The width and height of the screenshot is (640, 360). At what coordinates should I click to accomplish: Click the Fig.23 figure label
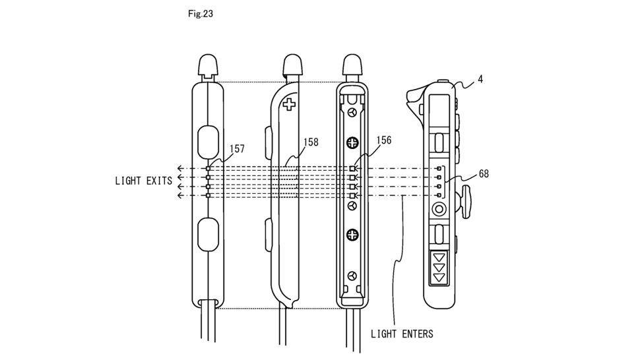click(201, 13)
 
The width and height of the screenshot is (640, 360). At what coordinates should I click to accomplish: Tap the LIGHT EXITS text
click(144, 181)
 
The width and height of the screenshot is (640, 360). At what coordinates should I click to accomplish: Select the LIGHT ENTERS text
click(402, 334)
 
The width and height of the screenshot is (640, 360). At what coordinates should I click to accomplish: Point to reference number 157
click(237, 148)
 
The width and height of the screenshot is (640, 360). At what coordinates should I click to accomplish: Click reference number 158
click(311, 142)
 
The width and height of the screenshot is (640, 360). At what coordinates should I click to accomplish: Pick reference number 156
click(384, 140)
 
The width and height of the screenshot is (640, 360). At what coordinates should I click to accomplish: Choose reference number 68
click(484, 173)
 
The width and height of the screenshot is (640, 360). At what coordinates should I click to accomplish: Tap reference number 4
click(480, 79)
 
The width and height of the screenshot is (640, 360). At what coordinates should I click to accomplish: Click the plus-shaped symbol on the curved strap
click(290, 104)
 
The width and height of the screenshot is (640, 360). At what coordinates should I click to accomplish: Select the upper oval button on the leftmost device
click(208, 142)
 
